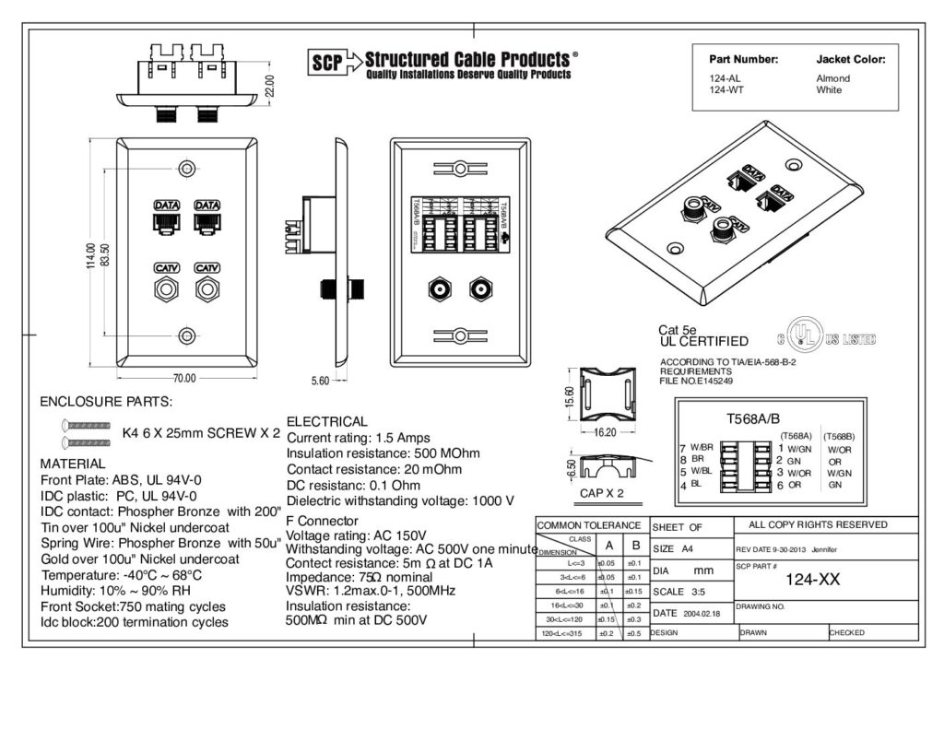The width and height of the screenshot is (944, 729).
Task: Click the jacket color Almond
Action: point(832,78)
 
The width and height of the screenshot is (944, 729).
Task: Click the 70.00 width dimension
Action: point(184,378)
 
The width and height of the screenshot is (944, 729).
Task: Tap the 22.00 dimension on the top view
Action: point(270,84)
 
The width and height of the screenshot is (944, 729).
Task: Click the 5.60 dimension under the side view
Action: point(320,379)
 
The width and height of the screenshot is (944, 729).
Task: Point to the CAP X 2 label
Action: point(601,493)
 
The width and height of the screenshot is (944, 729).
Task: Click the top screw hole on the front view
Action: point(188,170)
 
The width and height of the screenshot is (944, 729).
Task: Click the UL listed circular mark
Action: point(799,339)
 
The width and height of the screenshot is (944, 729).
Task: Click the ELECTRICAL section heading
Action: point(327,421)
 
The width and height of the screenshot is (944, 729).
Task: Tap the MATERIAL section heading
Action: point(73,464)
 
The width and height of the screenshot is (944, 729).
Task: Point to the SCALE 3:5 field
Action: point(680,592)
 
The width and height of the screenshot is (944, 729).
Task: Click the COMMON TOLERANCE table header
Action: point(589,525)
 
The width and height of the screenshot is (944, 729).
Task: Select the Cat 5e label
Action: point(678,329)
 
